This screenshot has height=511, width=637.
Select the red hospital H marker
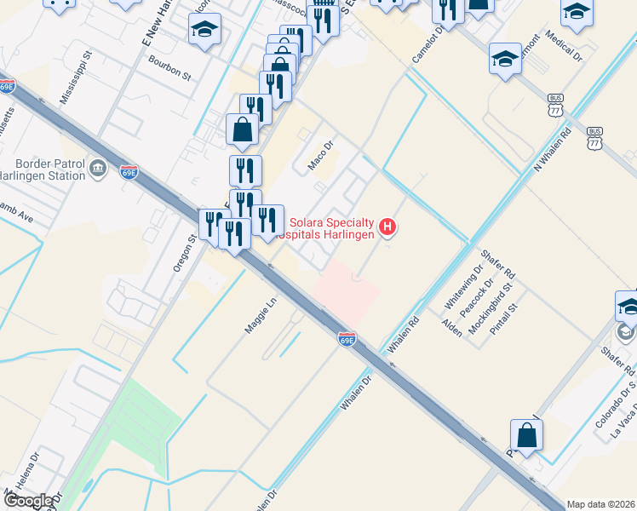[387, 227]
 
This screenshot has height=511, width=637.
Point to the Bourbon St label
[169, 69]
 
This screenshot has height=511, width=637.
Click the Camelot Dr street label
[428, 46]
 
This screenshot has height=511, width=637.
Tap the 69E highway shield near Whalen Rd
[347, 339]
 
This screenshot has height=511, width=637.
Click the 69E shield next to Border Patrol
[129, 171]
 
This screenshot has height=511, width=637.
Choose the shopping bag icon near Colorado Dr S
[527, 435]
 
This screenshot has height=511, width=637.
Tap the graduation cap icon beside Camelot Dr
[505, 59]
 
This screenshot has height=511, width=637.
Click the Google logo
[28, 501]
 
